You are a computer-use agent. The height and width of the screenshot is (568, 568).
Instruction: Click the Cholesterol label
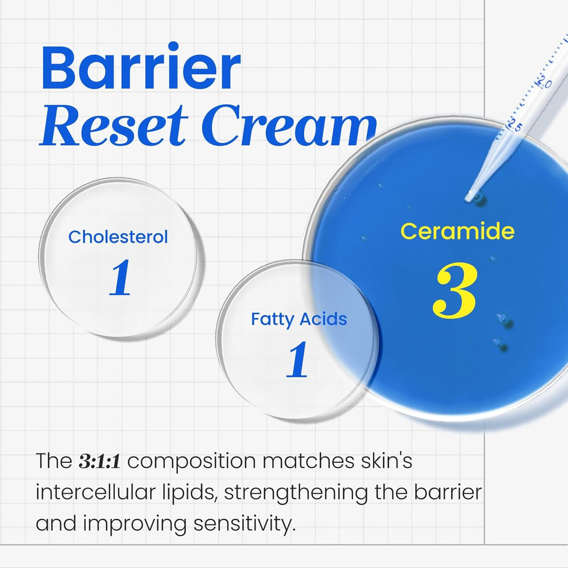[x=118, y=237]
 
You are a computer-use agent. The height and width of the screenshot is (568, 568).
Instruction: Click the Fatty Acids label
[x=299, y=319]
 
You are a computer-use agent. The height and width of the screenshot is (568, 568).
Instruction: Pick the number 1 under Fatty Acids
[x=297, y=360]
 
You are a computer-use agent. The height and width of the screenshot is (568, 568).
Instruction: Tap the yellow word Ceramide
[x=457, y=231]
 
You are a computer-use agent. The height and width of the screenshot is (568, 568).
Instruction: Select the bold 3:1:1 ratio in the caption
[x=99, y=461]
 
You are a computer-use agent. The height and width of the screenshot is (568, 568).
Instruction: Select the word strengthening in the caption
[x=296, y=493]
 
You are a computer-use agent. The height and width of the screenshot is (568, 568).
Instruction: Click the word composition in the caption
[x=192, y=461]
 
